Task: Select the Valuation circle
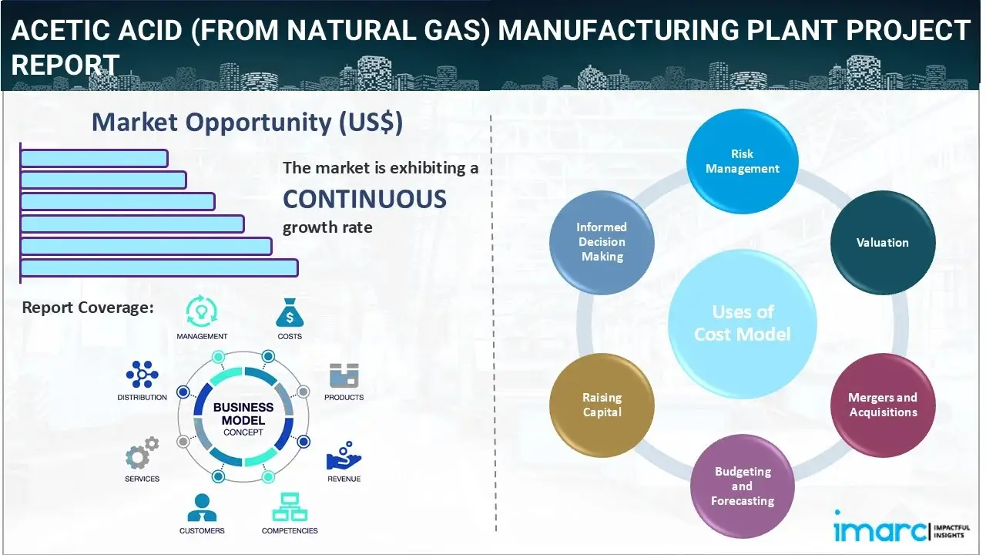[x=882, y=242]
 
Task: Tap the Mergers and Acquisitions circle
[x=882, y=405]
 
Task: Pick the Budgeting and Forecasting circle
[x=742, y=486]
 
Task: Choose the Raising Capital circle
[x=602, y=405]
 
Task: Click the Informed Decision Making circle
[x=602, y=242]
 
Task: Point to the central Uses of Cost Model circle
[x=742, y=323]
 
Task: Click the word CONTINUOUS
[x=364, y=199]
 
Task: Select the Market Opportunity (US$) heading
[x=246, y=123]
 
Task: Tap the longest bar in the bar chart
[x=159, y=267]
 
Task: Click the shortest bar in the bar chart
[x=94, y=158]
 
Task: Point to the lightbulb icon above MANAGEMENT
[x=202, y=311]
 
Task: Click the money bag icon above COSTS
[x=290, y=312]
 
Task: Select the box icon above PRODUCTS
[x=344, y=376]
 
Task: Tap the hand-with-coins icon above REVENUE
[x=343, y=456]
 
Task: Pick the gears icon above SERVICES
[x=142, y=455]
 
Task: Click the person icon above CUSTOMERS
[x=202, y=507]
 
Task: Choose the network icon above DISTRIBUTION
[x=142, y=375]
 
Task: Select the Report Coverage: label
[x=88, y=308]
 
